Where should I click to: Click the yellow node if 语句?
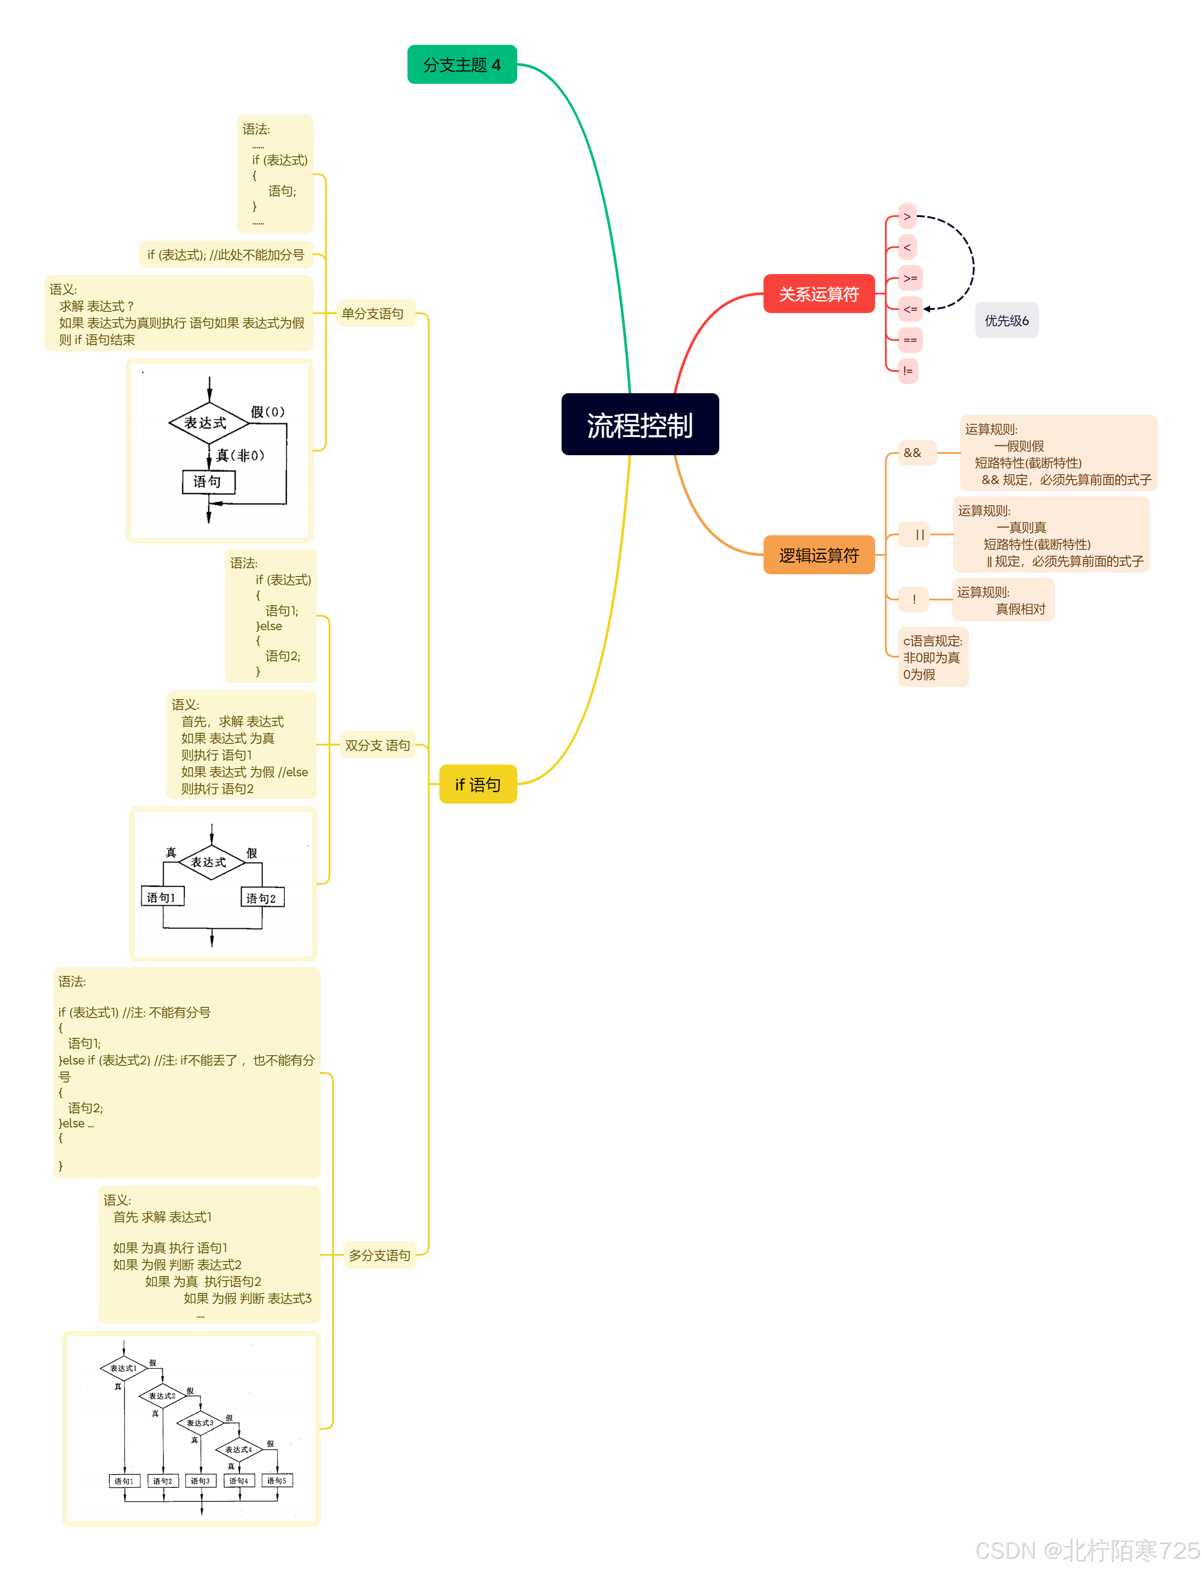pos(477,784)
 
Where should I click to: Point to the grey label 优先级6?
pos(1006,321)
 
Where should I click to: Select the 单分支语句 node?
pos(373,313)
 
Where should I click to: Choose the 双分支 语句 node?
pos(377,745)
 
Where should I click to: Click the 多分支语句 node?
pos(379,1255)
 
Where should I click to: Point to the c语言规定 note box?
pos(932,657)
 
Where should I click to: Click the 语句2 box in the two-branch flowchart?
pos(262,897)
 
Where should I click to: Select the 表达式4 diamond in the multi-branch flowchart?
pos(239,1449)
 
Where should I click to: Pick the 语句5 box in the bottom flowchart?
pos(277,1480)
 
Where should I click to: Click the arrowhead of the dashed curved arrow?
pos(927,309)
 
